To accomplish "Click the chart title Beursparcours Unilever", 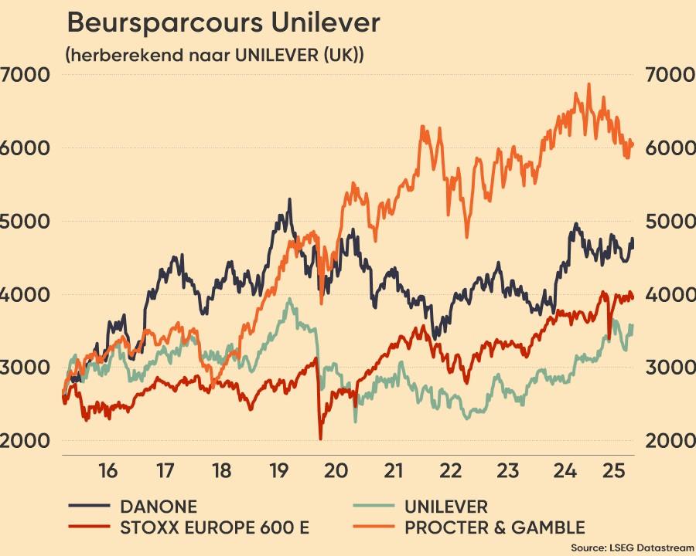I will point(223,23).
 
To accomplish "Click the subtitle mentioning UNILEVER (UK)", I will point(215,56).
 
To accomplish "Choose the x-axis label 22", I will point(450,470).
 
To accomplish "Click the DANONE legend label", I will point(158,507).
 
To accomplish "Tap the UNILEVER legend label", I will point(446,507).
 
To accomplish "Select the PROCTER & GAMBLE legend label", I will point(495,528).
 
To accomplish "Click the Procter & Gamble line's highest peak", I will point(589,84).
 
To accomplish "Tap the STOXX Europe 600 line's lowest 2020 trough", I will point(320,439).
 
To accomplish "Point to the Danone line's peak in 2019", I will point(289,199).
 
